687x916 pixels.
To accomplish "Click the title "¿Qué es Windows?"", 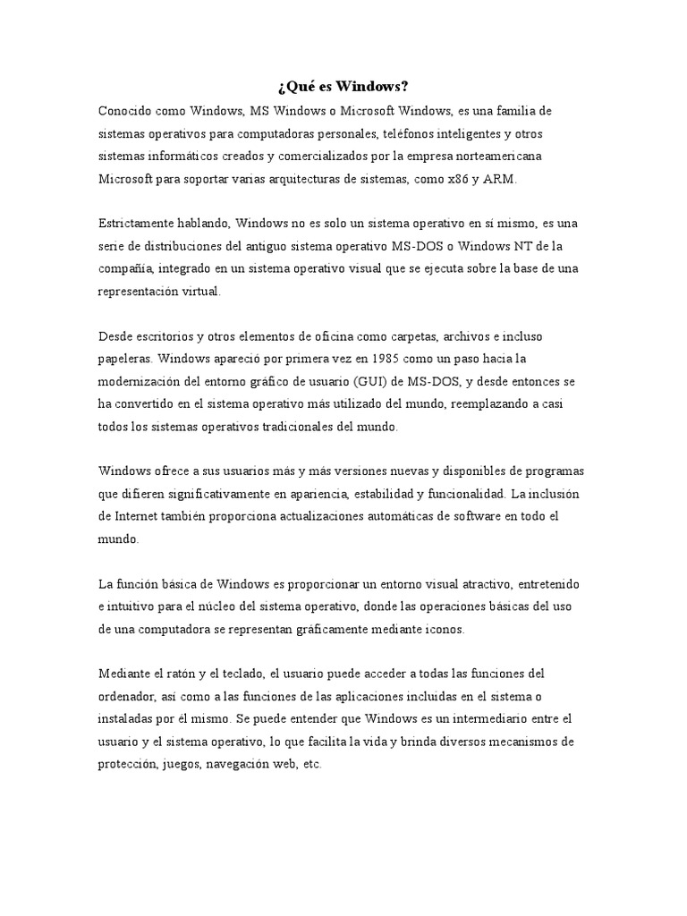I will pyautogui.click(x=343, y=87).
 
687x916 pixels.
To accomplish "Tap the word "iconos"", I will pyautogui.click(x=445, y=629).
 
